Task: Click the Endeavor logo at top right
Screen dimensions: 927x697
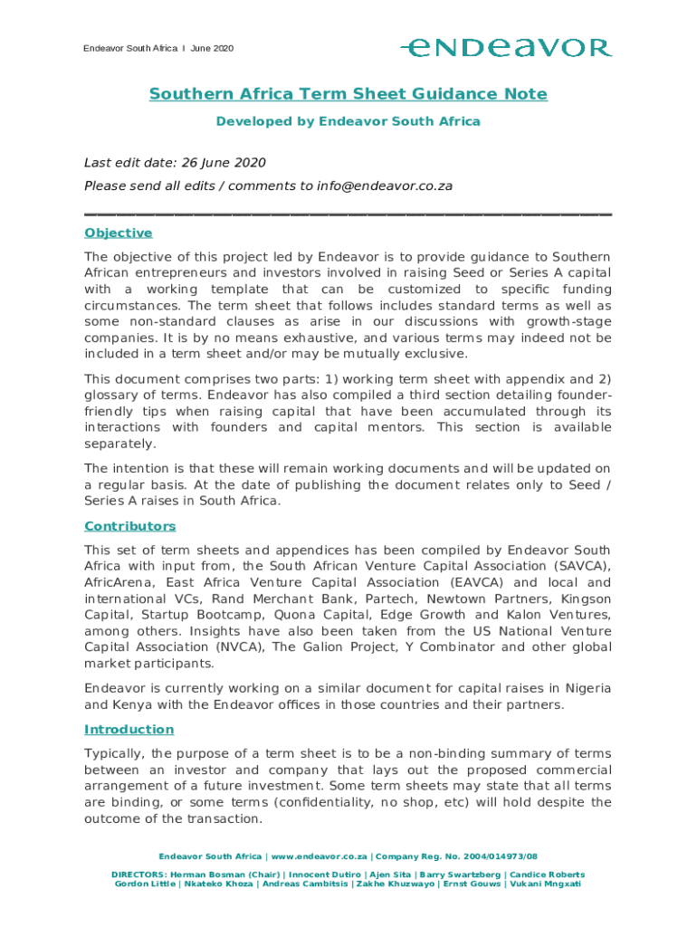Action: pyautogui.click(x=506, y=47)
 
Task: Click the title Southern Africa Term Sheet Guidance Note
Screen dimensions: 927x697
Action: pyautogui.click(x=348, y=94)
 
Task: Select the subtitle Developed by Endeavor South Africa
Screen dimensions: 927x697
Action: pyautogui.click(x=348, y=121)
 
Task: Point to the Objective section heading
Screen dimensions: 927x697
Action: pyautogui.click(x=118, y=233)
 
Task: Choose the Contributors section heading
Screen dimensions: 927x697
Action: pyautogui.click(x=129, y=526)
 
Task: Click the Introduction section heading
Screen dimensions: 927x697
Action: pyautogui.click(x=129, y=729)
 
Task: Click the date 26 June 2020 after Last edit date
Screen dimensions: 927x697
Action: pyautogui.click(x=223, y=163)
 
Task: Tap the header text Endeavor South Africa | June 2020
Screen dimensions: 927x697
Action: pyautogui.click(x=158, y=48)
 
